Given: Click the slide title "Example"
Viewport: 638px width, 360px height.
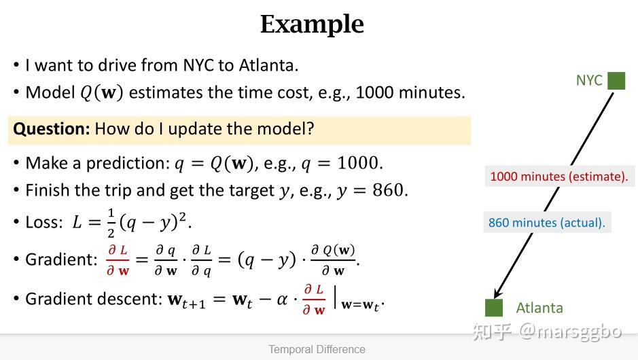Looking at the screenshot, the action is [312, 24].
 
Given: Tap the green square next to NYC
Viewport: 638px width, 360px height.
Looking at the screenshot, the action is [616, 81].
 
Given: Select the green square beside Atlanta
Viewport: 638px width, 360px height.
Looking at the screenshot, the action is [494, 308].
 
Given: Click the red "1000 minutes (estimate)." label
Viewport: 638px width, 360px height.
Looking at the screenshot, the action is [559, 177].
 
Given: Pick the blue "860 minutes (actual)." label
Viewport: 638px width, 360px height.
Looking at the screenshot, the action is [547, 223].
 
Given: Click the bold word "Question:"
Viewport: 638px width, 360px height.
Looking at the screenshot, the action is [51, 129].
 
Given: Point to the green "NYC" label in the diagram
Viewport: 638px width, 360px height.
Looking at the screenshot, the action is [589, 81].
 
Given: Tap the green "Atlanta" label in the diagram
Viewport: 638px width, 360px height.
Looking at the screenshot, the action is [539, 308].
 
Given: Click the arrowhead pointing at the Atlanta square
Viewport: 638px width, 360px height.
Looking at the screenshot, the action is [497, 293].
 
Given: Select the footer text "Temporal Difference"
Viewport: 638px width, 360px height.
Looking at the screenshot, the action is [317, 349].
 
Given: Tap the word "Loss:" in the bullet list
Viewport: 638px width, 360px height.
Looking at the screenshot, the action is [44, 223].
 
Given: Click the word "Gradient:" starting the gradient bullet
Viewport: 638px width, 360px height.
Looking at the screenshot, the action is [61, 259].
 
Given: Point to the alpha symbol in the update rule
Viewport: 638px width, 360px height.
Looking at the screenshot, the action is [282, 300].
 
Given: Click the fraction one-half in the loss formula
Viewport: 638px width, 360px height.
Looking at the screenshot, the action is [111, 223].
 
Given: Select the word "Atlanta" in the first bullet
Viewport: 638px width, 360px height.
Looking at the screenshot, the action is [268, 65].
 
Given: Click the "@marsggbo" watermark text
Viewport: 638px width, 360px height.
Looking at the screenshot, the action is [571, 332].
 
